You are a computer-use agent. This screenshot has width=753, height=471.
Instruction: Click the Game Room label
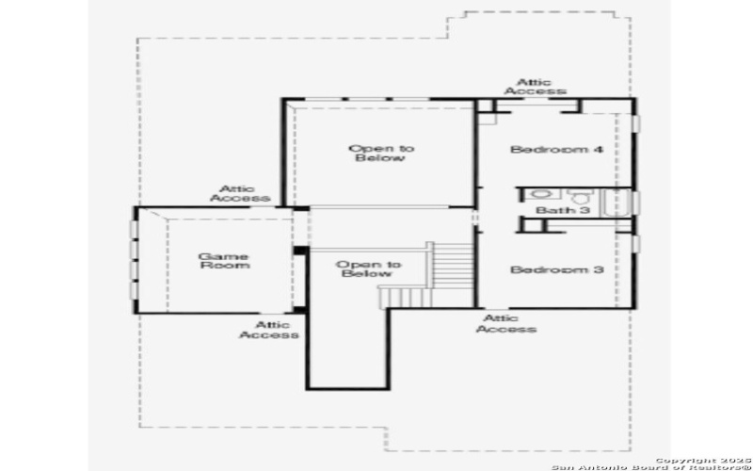pos(223,261)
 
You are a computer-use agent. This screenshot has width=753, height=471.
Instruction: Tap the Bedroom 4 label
pos(556,150)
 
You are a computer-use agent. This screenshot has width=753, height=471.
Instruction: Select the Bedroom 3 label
pos(556,270)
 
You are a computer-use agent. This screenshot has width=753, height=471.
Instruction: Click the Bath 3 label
pos(563,210)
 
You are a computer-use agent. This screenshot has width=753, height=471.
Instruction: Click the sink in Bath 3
pos(534,196)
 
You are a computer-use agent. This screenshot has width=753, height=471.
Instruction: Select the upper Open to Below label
pos(380,153)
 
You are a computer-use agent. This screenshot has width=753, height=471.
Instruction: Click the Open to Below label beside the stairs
pos(368,269)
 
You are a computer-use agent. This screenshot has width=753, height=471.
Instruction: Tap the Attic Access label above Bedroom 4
pos(535,87)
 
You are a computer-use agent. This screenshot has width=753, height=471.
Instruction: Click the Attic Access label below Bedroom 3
pos(506,324)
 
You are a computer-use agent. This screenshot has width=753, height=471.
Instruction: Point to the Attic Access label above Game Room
pos(240,194)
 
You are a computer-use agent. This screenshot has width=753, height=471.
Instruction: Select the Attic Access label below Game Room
pos(269,330)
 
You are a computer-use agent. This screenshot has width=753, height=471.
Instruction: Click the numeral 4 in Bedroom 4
pos(598,150)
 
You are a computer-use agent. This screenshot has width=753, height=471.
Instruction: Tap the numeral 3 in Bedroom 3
pos(598,270)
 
